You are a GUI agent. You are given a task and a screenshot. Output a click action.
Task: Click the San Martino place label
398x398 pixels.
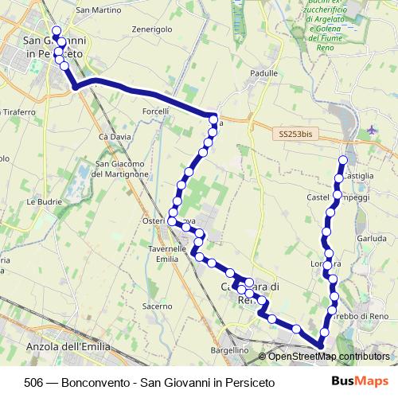tap(98, 10)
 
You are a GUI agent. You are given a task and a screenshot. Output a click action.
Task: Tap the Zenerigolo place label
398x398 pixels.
tap(152, 29)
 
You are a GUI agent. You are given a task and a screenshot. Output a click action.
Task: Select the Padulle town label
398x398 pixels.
tap(263, 72)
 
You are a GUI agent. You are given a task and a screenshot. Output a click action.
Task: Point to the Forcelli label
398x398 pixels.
tap(155, 111)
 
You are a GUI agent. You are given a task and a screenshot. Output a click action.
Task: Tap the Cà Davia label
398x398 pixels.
tap(114, 137)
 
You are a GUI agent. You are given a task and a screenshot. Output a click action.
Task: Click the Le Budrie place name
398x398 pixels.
tap(44, 202)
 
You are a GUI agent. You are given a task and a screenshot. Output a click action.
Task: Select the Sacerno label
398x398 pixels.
tap(157, 306)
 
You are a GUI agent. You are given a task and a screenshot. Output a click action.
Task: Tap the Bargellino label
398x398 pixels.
tap(230, 349)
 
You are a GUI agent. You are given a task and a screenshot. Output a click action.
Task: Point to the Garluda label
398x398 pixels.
tap(372, 238)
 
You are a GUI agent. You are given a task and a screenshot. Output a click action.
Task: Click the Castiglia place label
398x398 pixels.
tap(357, 175)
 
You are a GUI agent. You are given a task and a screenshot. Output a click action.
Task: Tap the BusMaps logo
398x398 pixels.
tap(359, 381)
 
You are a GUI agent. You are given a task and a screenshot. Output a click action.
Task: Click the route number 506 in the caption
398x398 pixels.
tap(34, 382)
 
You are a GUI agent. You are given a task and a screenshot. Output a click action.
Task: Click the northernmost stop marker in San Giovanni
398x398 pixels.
tap(56, 31)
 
